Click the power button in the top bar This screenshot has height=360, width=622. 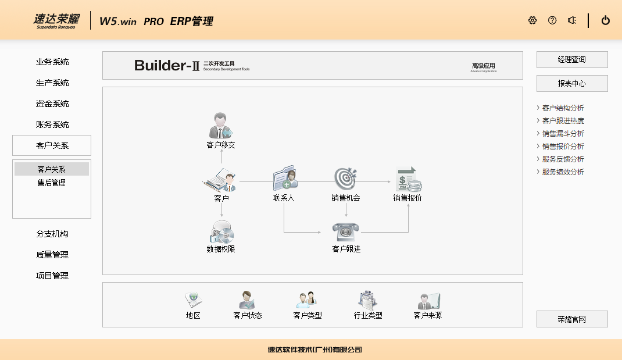[606, 20]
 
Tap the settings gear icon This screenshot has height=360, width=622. [532, 20]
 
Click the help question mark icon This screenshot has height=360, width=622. [552, 20]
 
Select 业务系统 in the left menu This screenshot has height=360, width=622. [52, 62]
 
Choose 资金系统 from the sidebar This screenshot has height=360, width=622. [52, 104]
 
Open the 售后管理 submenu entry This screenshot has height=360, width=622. [52, 183]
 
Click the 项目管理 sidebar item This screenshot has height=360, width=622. [52, 276]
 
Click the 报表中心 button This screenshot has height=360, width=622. [572, 84]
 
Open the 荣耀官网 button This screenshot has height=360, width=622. [572, 319]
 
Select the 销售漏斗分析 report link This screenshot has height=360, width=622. [563, 134]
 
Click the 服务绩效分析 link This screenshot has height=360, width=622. [563, 172]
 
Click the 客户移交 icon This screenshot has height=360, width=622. [221, 126]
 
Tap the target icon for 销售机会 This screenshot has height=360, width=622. [346, 179]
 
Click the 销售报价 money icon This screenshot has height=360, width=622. [407, 179]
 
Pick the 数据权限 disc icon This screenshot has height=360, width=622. [221, 233]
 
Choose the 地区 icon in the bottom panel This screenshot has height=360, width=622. [193, 300]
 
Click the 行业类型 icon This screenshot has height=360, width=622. [368, 300]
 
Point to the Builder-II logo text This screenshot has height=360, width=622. [167, 66]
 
